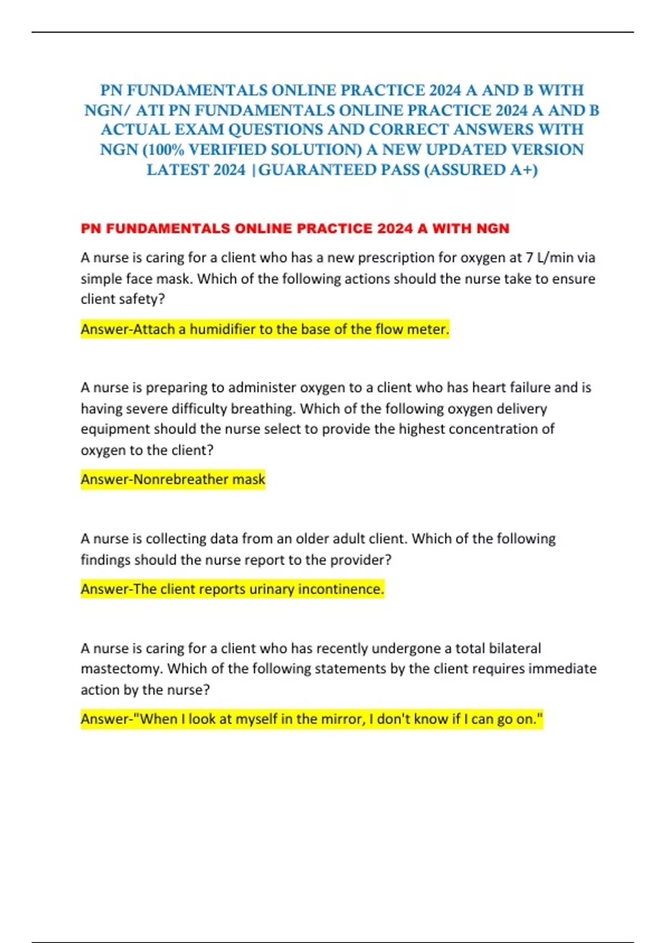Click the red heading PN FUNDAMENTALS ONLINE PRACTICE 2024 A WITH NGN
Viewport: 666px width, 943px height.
295,229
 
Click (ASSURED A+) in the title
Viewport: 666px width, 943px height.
481,170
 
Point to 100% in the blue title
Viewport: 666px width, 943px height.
165,150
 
